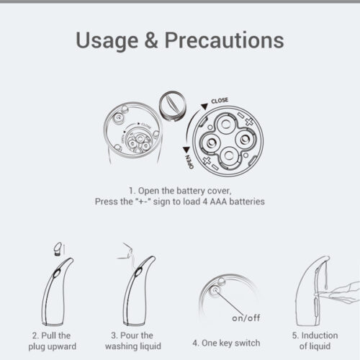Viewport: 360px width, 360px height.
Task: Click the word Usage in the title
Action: tap(107, 41)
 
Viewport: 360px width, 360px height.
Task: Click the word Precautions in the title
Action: tap(225, 40)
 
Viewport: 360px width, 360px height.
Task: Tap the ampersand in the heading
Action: tap(151, 40)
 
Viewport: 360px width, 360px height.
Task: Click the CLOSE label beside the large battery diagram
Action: tap(220, 101)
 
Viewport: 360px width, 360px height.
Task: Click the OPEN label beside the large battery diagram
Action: tap(189, 161)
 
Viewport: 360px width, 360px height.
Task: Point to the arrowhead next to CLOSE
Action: tap(204, 107)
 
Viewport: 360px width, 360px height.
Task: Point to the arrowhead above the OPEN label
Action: tap(186, 150)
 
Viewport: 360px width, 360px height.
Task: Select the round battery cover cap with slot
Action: tap(172, 106)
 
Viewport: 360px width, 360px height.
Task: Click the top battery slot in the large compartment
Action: tap(225, 124)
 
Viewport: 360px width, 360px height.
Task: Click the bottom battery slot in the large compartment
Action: tap(229, 156)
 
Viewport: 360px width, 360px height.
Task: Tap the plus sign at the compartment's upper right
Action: tap(249, 122)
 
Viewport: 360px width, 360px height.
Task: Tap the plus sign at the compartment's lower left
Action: tap(207, 161)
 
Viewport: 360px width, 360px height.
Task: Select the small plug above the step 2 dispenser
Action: tap(58, 249)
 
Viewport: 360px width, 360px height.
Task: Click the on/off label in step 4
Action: tap(246, 318)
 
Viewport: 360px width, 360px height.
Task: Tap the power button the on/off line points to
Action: tap(215, 291)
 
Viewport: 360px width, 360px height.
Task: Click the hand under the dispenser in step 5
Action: tap(341, 293)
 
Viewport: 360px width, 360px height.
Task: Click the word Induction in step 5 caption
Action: tap(320, 336)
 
